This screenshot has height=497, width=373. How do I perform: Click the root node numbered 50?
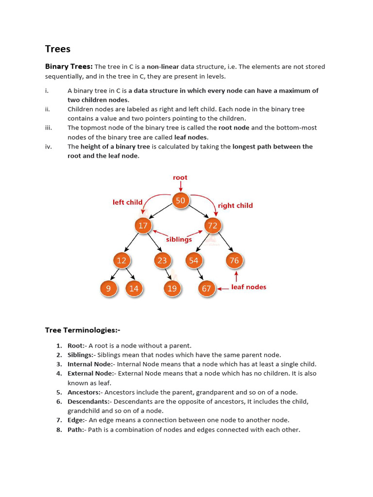tap(180, 201)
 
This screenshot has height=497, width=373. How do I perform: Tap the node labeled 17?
tap(143, 226)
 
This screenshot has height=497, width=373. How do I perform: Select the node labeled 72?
tap(212, 226)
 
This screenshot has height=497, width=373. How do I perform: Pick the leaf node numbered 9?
tap(109, 288)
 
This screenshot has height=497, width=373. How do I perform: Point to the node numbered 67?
tap(206, 288)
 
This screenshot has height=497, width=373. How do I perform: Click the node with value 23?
tap(162, 261)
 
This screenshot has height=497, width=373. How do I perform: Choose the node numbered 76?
tap(234, 261)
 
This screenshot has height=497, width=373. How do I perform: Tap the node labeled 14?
tap(134, 288)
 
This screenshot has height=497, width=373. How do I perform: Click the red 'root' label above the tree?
tap(180, 178)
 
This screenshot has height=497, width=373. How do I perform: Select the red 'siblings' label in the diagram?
tap(179, 239)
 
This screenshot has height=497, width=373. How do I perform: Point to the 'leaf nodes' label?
tap(249, 287)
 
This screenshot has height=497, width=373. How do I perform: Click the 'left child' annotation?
tap(128, 202)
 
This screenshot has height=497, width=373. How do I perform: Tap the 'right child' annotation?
tap(236, 205)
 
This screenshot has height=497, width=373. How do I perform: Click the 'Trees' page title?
tap(58, 49)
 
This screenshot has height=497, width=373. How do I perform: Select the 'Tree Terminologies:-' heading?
tap(83, 330)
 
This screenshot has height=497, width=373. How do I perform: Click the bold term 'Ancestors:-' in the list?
tap(85, 392)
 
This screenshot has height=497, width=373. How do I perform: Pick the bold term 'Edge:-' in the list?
tap(77, 420)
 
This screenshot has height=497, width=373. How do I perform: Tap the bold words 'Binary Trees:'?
tap(69, 66)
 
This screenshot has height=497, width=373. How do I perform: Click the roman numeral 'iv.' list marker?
tap(49, 147)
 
